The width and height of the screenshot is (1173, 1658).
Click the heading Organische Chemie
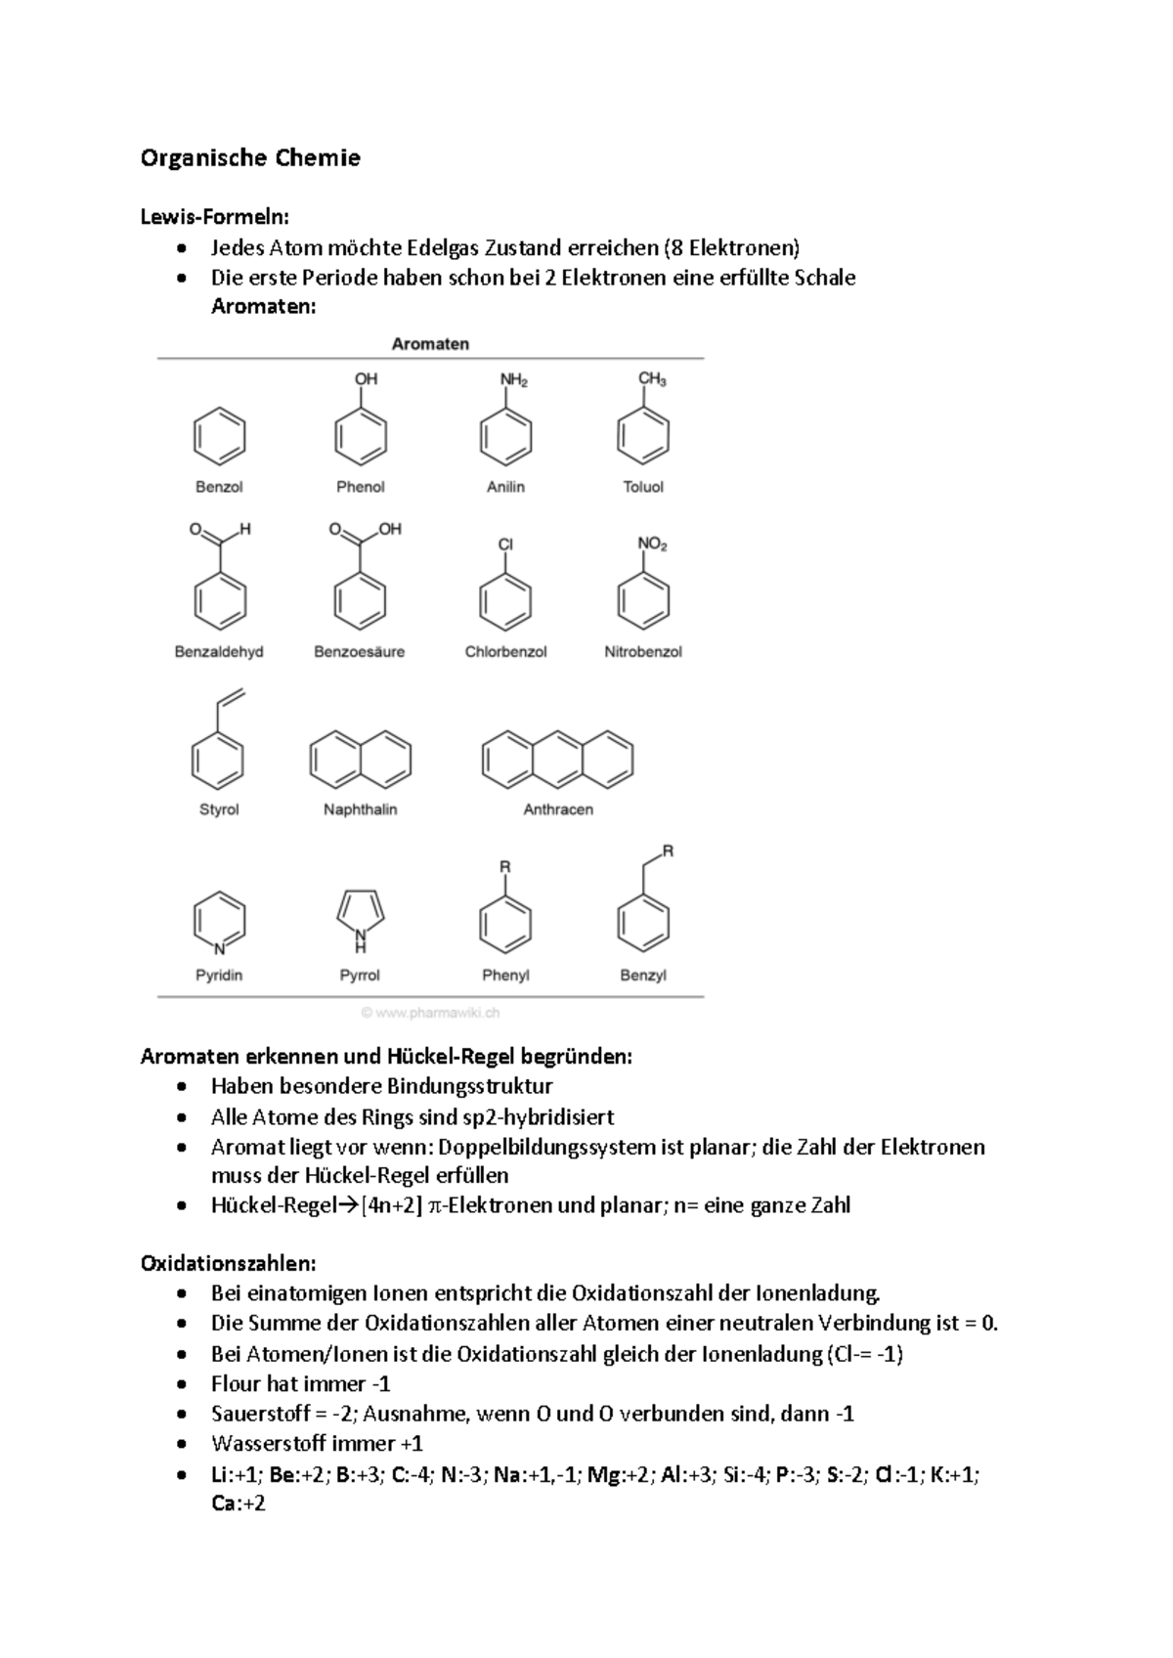click(x=250, y=158)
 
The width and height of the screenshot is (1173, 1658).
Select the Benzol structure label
click(x=219, y=487)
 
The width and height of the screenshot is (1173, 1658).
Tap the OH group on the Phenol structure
click(x=366, y=378)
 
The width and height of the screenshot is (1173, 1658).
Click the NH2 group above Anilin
click(x=513, y=379)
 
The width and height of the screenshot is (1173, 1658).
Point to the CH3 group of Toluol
click(x=652, y=379)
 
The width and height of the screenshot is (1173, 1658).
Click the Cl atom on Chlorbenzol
click(x=505, y=544)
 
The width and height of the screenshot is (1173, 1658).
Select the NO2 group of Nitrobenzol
click(x=652, y=544)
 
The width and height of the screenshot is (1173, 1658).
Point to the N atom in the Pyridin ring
click(x=219, y=948)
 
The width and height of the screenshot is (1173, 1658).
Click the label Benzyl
click(x=643, y=976)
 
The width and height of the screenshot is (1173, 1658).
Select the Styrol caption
click(x=219, y=809)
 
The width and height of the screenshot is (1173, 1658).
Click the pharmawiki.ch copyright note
click(x=430, y=1013)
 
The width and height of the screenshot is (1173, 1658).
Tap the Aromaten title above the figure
click(x=430, y=344)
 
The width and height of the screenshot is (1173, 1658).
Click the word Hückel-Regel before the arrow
click(x=273, y=1205)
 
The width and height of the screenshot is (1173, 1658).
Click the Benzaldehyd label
click(x=219, y=652)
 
